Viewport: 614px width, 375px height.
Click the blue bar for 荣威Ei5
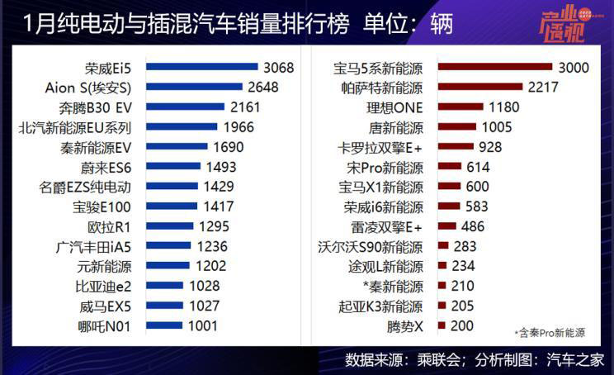pos(202,67)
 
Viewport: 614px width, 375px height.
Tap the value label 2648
pos(266,87)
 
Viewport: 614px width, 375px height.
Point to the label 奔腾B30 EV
pos(95,107)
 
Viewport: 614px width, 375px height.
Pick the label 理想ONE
pos(397,107)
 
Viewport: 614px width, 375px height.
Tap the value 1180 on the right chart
pos(503,107)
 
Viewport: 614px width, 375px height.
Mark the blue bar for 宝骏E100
pos(173,206)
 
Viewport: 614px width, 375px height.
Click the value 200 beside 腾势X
pos(462,326)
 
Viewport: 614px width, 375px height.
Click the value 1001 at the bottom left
pos(203,326)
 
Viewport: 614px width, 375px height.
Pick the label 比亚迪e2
pos(102,287)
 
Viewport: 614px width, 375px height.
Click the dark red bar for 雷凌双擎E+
pos(447,226)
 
